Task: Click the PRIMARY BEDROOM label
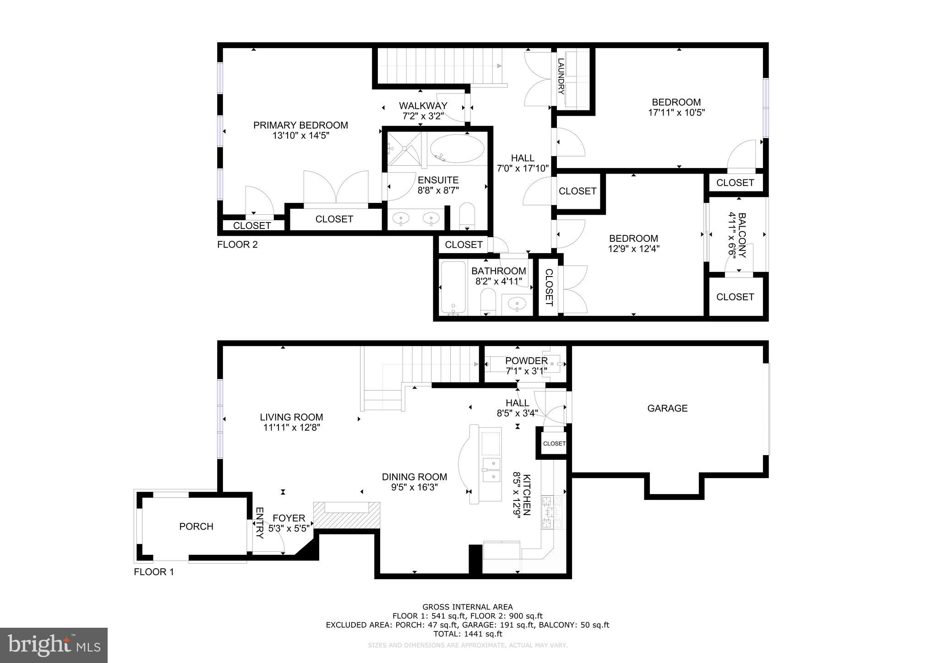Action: coord(300,125)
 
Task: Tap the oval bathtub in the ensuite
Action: coord(457,148)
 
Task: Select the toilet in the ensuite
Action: coord(467,215)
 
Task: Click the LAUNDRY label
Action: coord(561,76)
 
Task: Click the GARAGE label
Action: coord(667,408)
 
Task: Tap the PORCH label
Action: coord(196,527)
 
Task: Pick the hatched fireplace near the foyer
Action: coord(347,516)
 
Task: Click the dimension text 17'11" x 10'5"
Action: coord(676,113)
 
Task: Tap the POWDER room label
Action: coord(526,361)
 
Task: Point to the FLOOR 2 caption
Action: coord(237,245)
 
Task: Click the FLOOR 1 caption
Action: coord(154,572)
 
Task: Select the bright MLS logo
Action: coord(54,646)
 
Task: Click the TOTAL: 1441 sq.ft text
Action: coord(468,634)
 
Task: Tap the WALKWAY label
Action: coord(423,106)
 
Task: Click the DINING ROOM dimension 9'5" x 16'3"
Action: coord(414,487)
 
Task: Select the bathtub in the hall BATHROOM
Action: coord(453,288)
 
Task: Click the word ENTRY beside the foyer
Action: coord(259,523)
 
